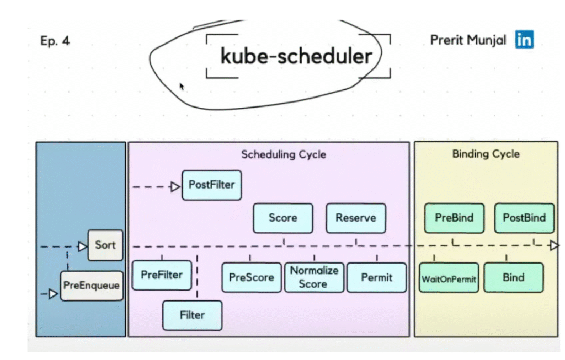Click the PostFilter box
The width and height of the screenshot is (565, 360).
coord(211,185)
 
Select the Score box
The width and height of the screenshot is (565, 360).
coord(283,218)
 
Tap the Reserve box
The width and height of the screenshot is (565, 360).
coord(356,218)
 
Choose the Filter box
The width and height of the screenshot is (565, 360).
coord(192,315)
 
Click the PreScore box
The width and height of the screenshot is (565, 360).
coord(252,277)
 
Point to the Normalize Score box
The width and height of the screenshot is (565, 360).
coord(313,277)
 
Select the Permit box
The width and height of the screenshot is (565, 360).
coord(376,277)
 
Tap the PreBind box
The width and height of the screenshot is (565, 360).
coord(454,217)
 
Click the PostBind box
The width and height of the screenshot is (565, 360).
coord(524,217)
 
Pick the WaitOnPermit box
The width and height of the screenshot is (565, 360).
coord(449,278)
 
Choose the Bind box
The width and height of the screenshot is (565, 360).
coord(513,277)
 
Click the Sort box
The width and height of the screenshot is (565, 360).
coord(105,245)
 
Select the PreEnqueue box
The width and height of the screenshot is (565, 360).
coord(91,286)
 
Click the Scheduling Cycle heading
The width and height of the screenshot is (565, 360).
coord(284,154)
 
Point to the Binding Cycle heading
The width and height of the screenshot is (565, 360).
coord(486,154)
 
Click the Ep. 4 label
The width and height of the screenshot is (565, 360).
coord(55,41)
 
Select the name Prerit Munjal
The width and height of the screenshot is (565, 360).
coord(468,40)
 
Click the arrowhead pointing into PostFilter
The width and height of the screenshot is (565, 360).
coord(175,187)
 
